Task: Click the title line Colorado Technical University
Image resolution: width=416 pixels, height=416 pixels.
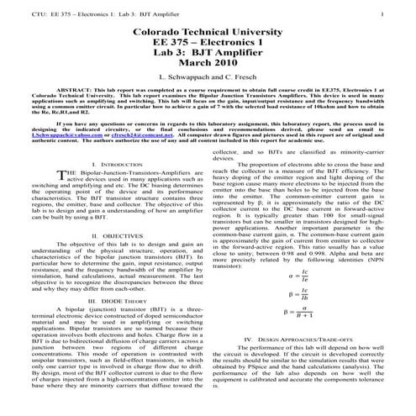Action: pos(208,30)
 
